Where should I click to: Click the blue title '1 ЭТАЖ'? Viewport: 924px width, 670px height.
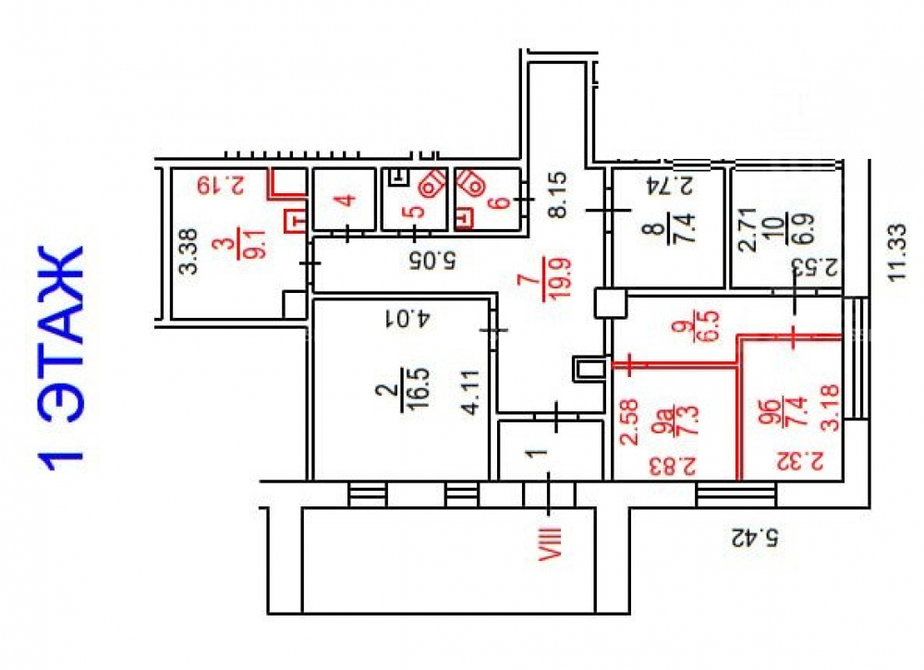(61, 359)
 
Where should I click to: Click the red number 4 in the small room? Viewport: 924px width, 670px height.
(346, 200)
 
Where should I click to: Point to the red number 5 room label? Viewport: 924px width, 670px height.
(416, 211)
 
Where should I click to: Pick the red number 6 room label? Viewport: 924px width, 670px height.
(500, 201)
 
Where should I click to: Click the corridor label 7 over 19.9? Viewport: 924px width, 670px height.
(544, 279)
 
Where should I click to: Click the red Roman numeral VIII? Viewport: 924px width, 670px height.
(551, 542)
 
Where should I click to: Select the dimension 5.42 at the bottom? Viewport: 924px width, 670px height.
(755, 538)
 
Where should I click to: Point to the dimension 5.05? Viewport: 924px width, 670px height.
(432, 260)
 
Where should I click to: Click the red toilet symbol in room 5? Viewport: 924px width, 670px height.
(432, 184)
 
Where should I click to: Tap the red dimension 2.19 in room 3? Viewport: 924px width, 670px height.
(221, 185)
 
